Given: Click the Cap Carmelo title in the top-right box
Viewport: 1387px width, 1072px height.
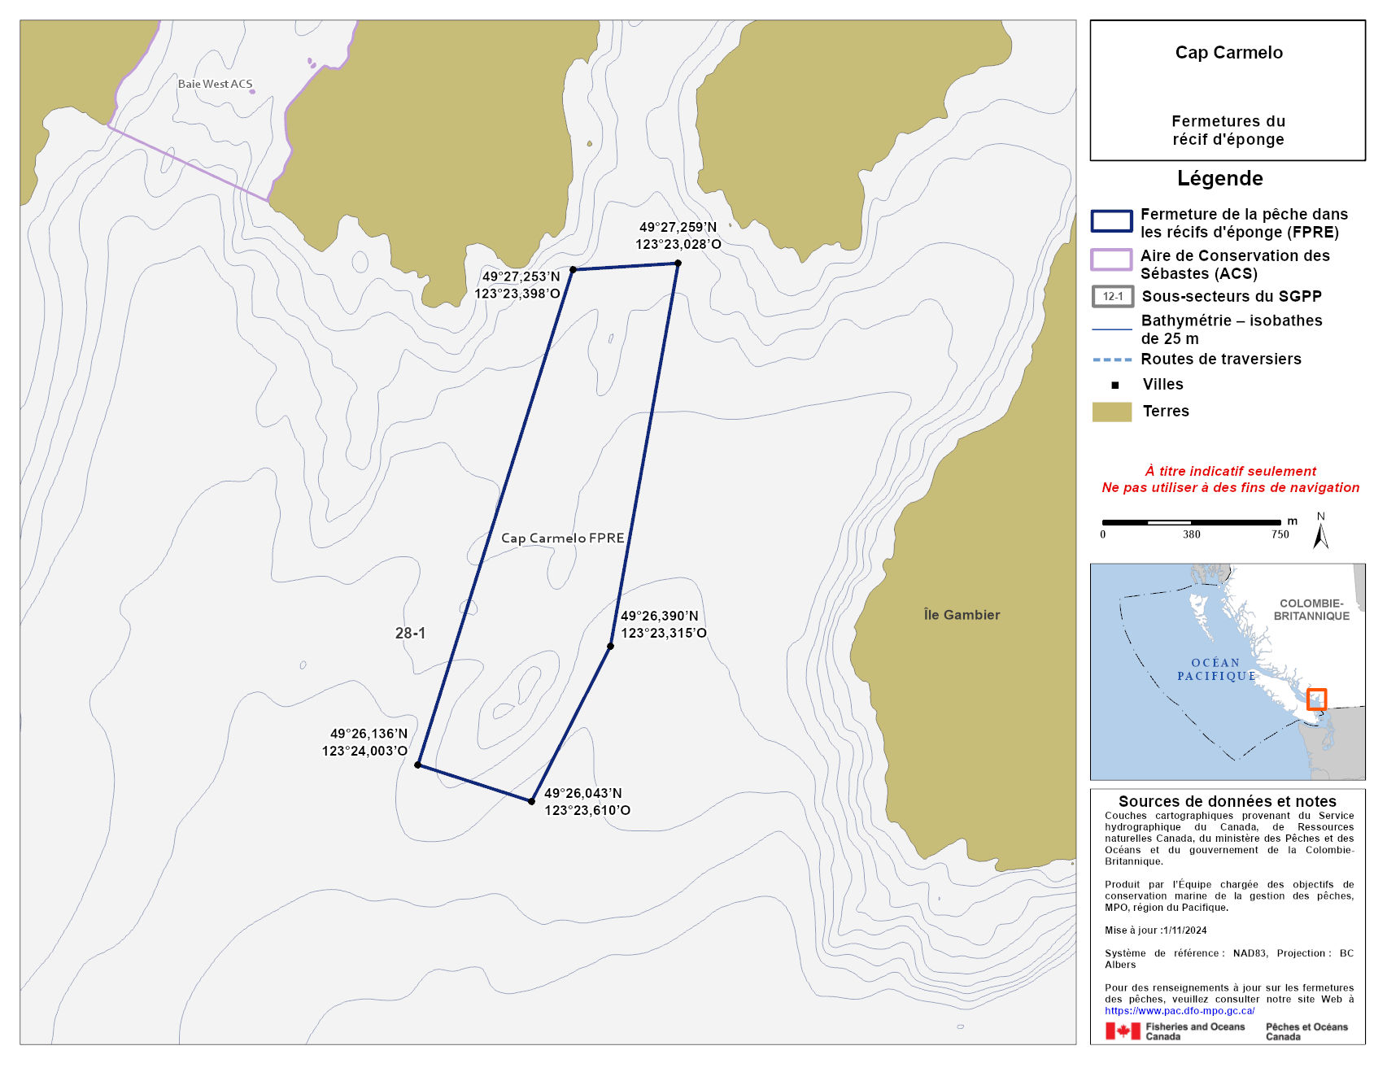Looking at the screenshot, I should click(x=1228, y=53).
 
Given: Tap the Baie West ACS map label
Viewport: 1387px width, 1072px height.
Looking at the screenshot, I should click(x=215, y=84).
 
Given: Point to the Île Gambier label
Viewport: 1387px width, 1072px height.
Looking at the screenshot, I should click(x=962, y=615).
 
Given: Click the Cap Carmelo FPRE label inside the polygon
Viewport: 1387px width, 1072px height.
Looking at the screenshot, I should click(x=562, y=538).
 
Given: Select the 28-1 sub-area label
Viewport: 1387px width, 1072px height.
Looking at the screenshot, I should click(x=410, y=633).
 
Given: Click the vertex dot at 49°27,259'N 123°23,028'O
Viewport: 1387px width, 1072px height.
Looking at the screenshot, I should click(x=678, y=263).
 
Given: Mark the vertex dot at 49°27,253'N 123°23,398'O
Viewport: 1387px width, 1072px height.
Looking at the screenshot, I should click(x=573, y=269).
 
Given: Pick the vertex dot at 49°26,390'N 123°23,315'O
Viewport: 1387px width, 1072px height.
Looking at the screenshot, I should click(x=610, y=647).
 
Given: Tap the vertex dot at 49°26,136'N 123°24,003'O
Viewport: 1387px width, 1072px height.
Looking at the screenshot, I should click(x=418, y=765).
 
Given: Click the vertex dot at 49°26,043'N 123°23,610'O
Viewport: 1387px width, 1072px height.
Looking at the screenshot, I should click(x=531, y=801).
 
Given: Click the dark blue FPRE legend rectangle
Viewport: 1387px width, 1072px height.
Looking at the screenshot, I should click(x=1111, y=221).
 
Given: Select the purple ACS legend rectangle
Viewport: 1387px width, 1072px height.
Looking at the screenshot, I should click(x=1111, y=259).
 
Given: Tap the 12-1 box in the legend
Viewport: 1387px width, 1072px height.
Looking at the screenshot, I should click(x=1112, y=297).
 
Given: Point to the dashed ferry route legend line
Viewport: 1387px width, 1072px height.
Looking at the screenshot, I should click(x=1112, y=360).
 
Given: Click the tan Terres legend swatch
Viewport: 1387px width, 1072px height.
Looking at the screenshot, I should click(x=1111, y=412).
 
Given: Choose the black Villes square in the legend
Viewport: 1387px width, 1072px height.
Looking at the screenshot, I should click(x=1115, y=385).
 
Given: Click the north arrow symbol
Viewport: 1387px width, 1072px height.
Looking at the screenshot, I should click(x=1321, y=535).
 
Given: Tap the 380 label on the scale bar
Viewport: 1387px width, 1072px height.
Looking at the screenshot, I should click(x=1191, y=534).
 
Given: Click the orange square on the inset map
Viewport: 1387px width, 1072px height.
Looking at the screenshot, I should click(x=1316, y=699).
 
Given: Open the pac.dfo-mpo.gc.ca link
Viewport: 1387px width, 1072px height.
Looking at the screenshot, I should click(x=1180, y=1011).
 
